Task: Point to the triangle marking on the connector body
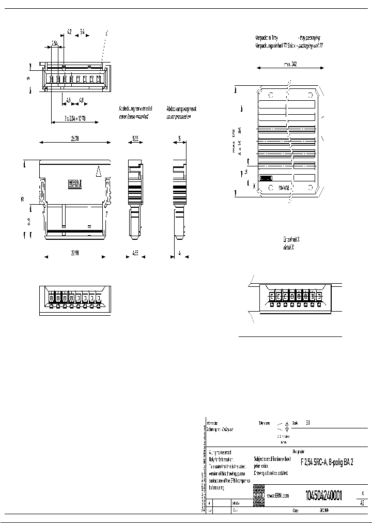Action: coord(98,170)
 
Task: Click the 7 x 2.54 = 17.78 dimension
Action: coord(68,118)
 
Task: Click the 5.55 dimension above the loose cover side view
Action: coord(135,139)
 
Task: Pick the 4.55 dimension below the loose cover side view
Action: coord(135,253)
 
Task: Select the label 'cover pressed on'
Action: coord(178,117)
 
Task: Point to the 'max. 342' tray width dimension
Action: coord(289,65)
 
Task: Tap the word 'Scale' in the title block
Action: coord(296,422)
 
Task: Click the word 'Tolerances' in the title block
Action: coord(265,422)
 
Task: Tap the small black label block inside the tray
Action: coord(266,178)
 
